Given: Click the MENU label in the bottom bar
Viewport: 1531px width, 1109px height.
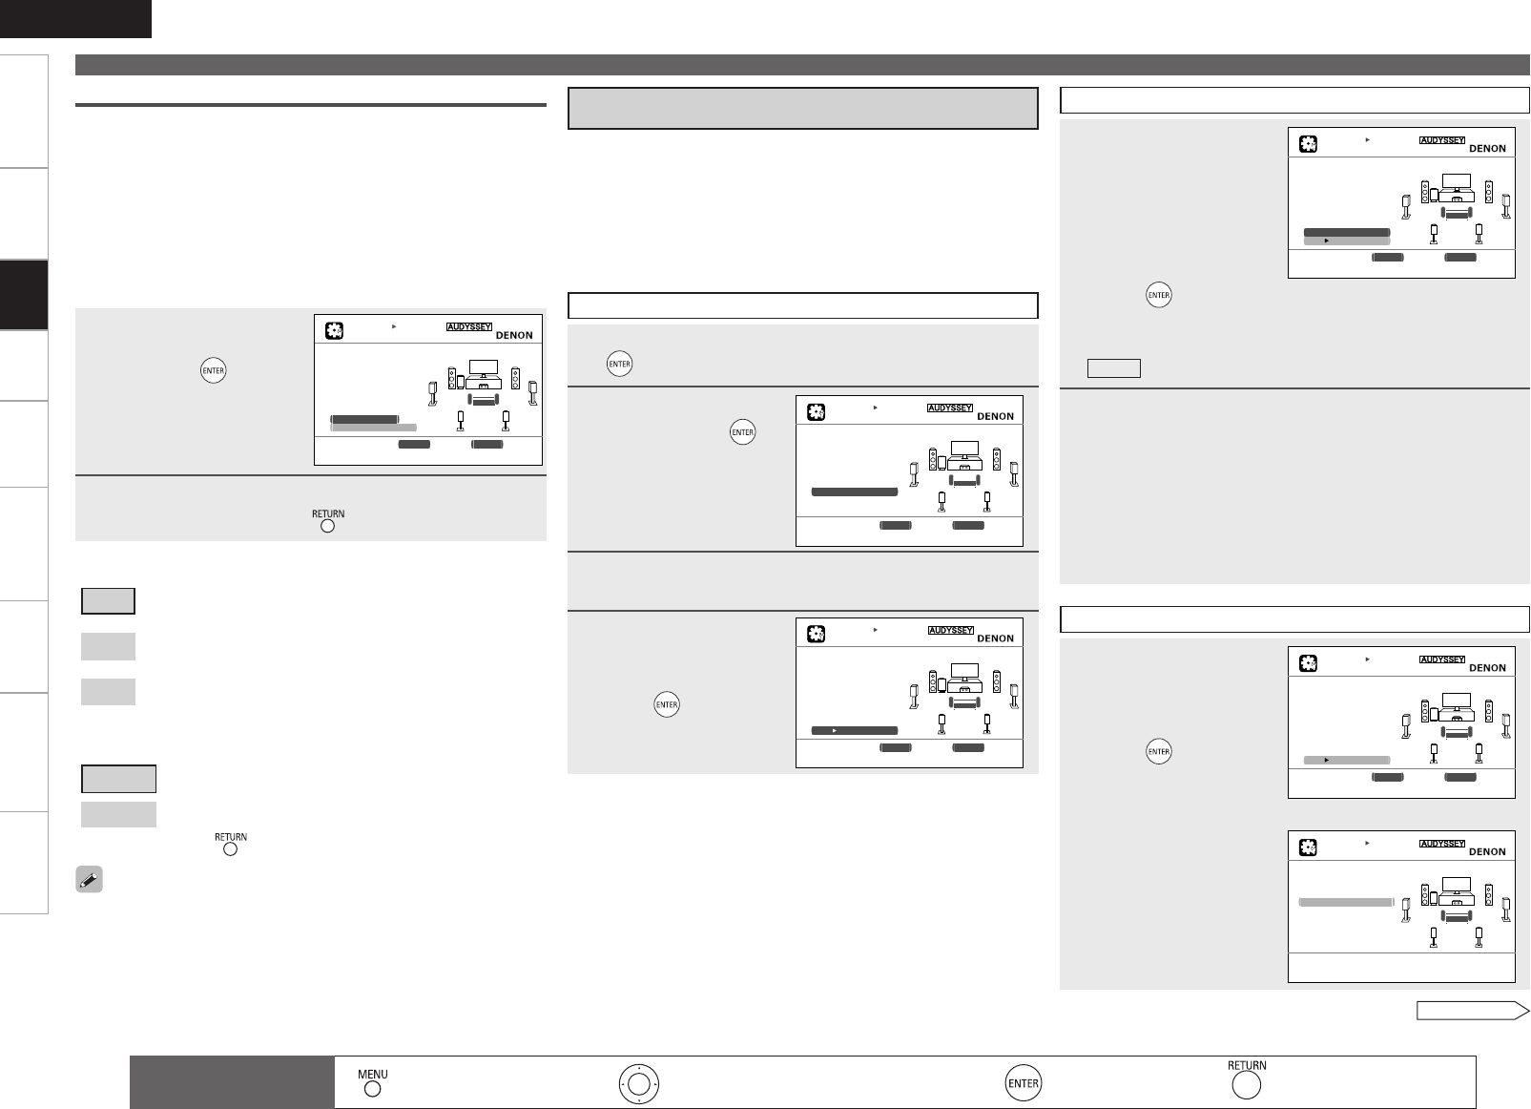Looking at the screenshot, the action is point(373,1074).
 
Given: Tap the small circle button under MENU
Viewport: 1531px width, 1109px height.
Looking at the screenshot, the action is point(373,1089).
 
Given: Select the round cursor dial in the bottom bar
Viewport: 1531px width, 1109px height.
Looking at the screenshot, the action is point(638,1083).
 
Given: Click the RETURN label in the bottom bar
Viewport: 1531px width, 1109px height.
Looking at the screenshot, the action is point(1247,1065).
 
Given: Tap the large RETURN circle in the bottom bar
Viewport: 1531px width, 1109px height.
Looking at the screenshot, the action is point(1246,1086).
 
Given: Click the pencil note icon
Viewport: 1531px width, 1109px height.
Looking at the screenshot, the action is point(89,879).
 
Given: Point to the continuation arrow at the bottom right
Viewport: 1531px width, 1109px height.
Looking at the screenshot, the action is point(1472,1010).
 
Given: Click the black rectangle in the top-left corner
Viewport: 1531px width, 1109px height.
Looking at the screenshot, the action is point(75,18).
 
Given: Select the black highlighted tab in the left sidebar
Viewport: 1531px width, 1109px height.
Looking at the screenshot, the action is point(24,295).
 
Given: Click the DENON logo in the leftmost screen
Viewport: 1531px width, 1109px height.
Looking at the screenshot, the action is point(514,335).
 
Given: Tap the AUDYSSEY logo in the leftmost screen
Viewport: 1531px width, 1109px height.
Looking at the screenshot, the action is point(469,326).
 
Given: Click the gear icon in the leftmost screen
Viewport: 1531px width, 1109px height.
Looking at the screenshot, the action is point(334,331).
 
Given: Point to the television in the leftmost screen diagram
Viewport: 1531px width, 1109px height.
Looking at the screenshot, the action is point(484,368).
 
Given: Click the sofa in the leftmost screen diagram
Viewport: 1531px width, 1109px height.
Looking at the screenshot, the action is point(484,399).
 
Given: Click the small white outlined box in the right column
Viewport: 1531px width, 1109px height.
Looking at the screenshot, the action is point(1113,368).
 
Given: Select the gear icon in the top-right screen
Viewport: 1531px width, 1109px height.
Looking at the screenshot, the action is point(1308,144).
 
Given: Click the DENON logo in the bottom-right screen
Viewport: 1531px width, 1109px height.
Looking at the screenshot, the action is point(1487,852).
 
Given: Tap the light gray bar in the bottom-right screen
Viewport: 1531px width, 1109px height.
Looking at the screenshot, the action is point(1346,903).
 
